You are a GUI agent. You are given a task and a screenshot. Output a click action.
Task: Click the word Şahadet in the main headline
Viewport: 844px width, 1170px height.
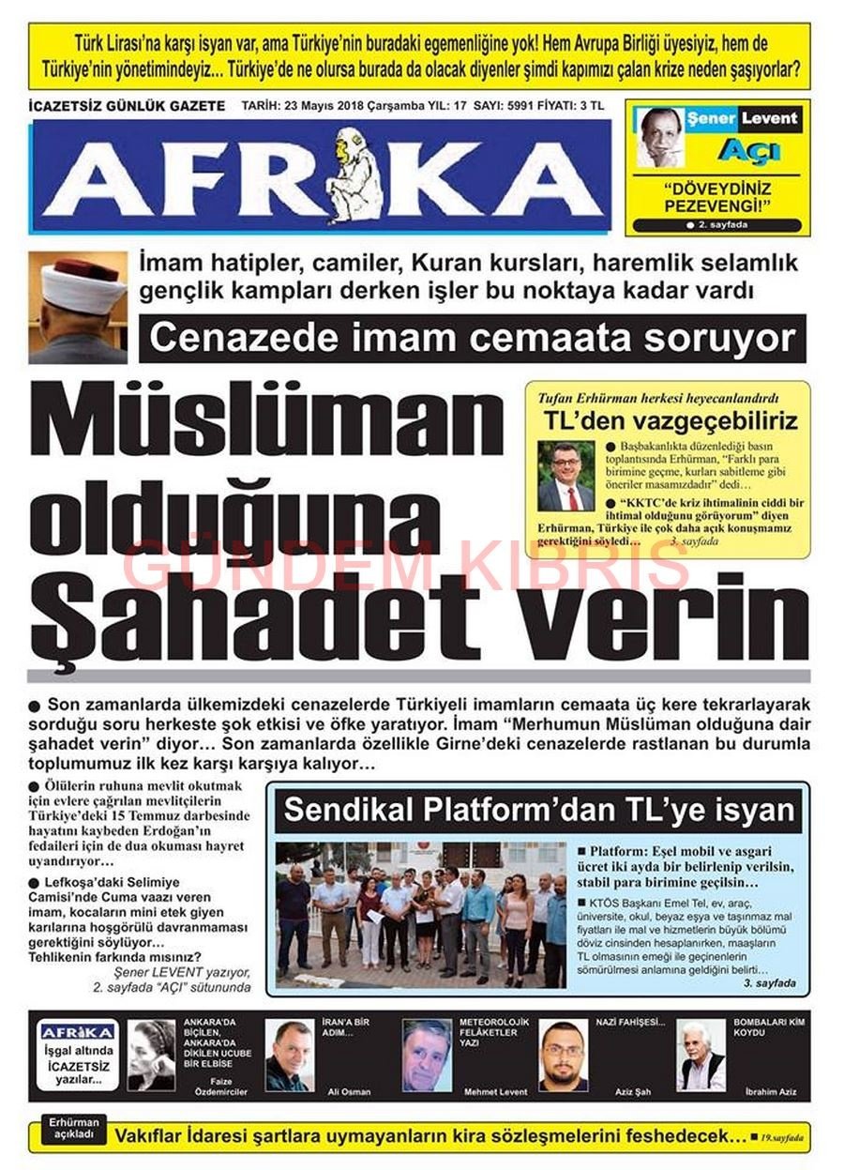[254, 615]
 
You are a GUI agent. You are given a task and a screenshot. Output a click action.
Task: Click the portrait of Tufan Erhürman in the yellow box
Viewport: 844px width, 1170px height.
[565, 476]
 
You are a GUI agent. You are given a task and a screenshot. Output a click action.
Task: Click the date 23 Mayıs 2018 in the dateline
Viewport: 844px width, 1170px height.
[330, 106]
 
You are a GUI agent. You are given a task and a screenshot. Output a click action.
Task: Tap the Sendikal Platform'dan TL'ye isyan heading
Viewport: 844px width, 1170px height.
[539, 810]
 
